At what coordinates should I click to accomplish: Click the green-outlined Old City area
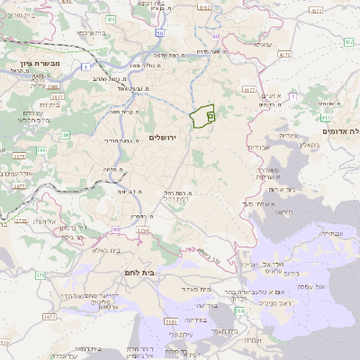[203, 117]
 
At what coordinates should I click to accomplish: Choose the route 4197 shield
[203, 8]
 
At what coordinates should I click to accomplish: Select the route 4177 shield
[249, 91]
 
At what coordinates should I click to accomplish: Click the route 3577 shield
[62, 331]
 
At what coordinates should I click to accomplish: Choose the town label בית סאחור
[195, 290]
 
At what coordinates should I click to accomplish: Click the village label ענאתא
[263, 44]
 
